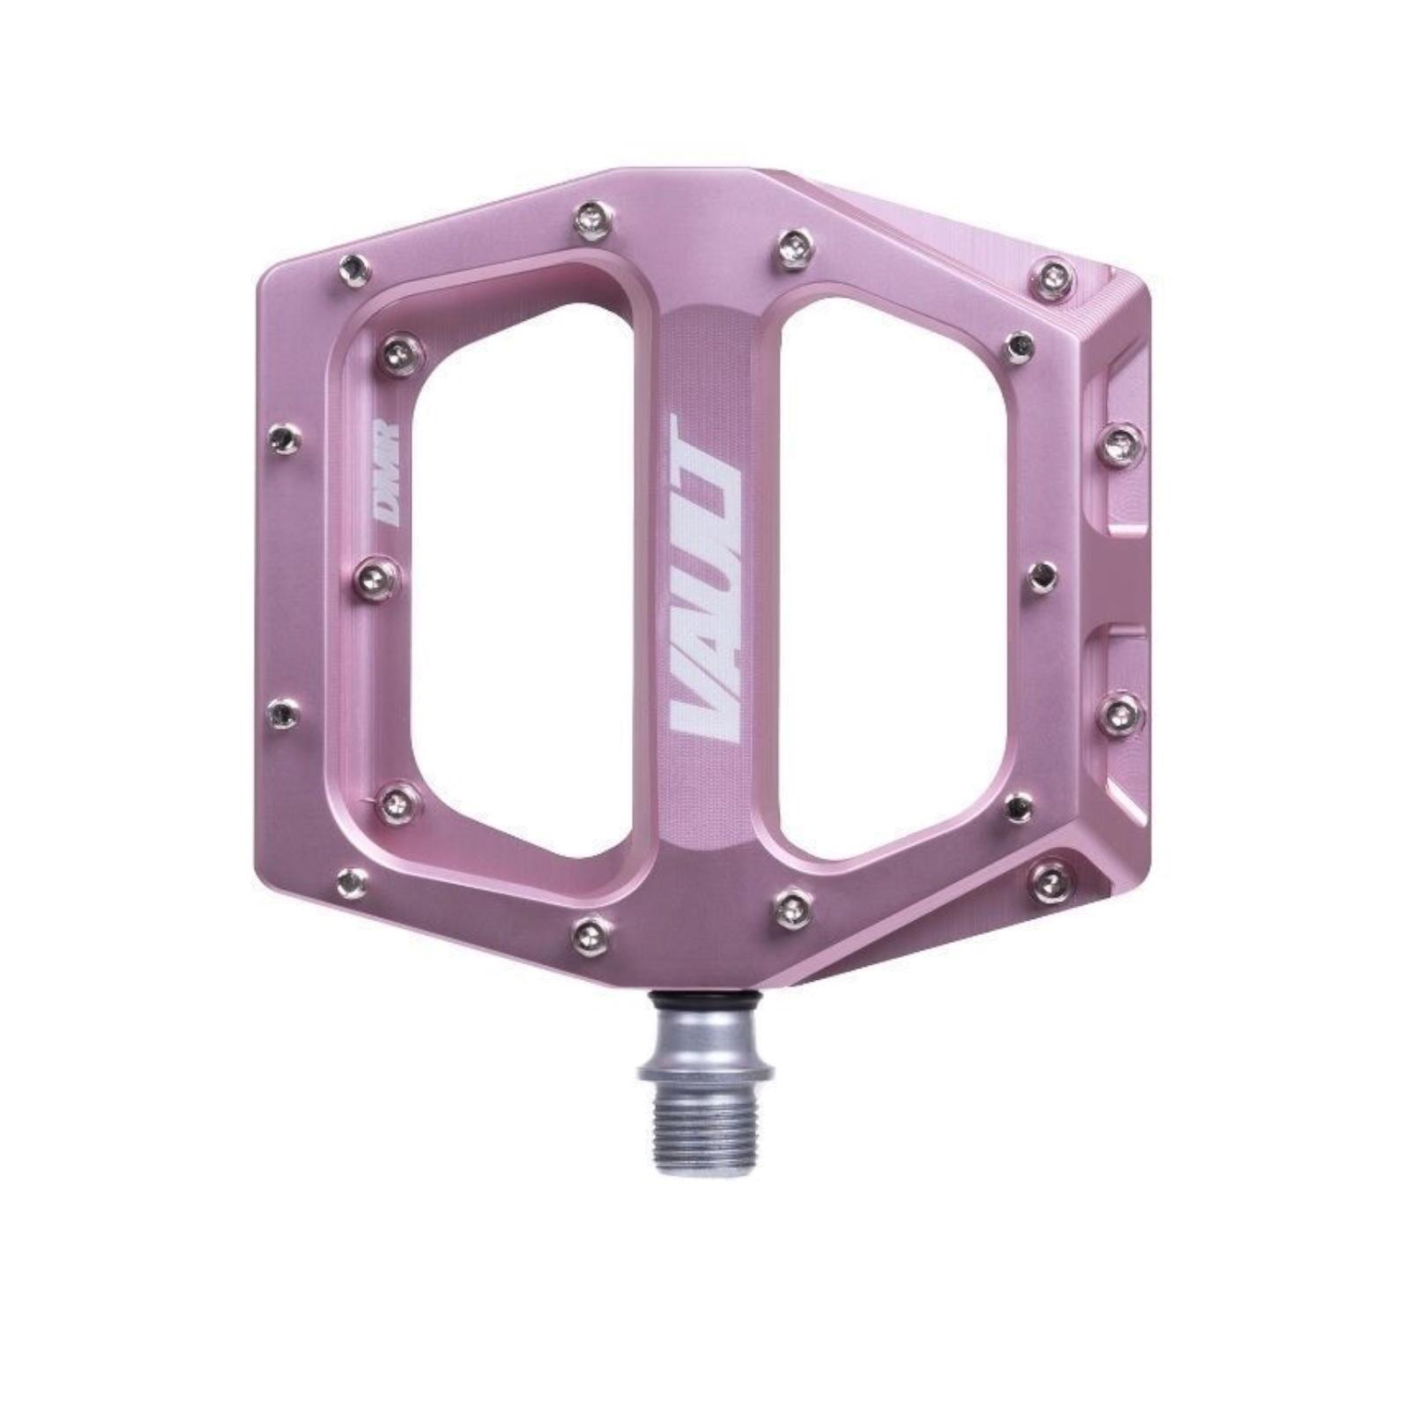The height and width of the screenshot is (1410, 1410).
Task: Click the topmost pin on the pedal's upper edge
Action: tap(591, 220)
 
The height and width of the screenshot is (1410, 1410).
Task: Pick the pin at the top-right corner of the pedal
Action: tap(1054, 278)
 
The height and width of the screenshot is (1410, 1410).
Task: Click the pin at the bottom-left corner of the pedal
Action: tap(352, 880)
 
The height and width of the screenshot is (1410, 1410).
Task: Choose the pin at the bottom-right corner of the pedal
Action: tap(1051, 880)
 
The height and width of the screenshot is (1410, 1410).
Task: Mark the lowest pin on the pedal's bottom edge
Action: tap(590, 935)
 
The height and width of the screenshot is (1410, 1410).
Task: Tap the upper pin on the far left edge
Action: tap(284, 438)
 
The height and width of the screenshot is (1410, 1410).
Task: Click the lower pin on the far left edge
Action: tap(283, 713)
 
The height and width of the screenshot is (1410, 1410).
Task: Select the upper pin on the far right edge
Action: tap(1122, 445)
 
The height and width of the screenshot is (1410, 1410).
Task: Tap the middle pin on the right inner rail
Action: tap(1043, 576)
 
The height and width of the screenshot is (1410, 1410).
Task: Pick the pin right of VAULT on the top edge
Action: tap(794, 249)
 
